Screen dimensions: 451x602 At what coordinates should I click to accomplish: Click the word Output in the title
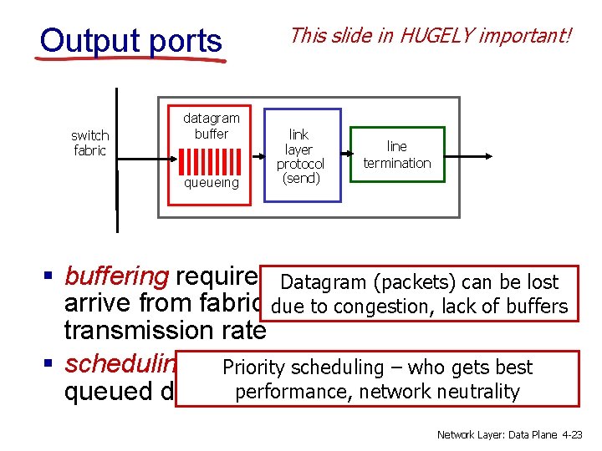(83, 40)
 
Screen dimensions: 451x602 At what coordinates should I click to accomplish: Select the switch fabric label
(89, 143)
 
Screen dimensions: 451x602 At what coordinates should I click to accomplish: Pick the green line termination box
(397, 155)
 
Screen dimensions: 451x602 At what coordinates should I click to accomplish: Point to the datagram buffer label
(212, 125)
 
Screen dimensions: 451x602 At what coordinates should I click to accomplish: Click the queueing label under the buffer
(212, 182)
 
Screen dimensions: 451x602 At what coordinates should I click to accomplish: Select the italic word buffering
(117, 276)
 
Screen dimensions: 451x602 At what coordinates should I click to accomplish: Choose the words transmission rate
(165, 331)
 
